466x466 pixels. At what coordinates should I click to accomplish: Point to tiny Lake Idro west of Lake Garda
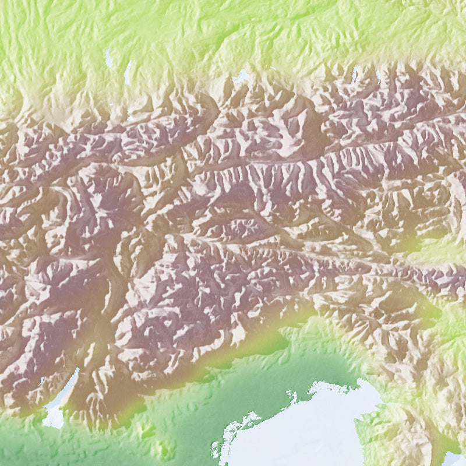click(x=42, y=381)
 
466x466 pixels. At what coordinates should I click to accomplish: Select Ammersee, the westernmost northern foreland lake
click(x=108, y=58)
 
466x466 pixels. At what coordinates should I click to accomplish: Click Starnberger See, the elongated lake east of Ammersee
click(x=127, y=72)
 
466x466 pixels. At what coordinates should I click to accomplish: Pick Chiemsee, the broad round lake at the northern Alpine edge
click(x=241, y=76)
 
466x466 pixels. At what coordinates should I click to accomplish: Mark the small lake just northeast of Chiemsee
click(x=274, y=68)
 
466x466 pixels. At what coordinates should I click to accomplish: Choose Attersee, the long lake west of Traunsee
click(x=354, y=73)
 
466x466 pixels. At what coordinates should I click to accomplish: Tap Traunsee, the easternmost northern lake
click(x=379, y=76)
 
